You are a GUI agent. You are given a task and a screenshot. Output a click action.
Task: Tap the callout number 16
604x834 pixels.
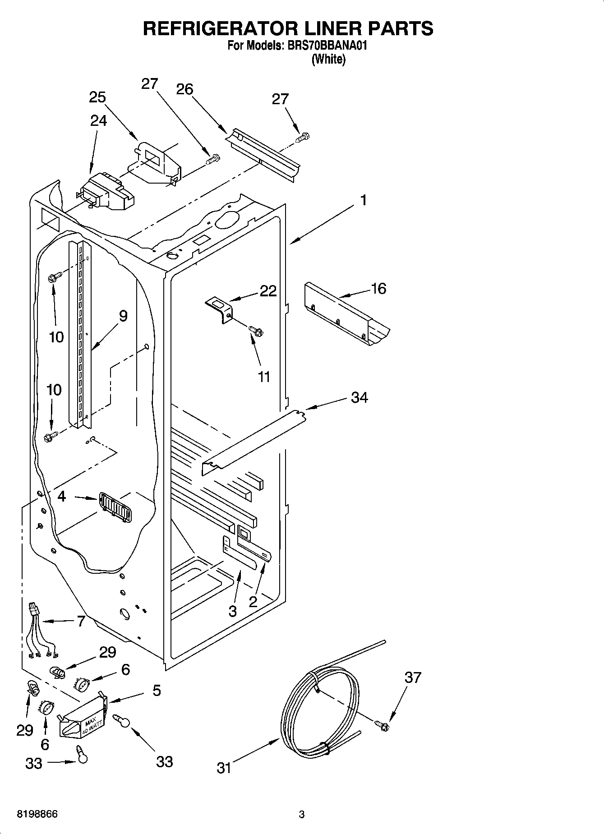(378, 289)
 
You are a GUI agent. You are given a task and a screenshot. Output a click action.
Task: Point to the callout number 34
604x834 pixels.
(360, 397)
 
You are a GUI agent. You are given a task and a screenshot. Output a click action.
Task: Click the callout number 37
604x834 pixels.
(413, 677)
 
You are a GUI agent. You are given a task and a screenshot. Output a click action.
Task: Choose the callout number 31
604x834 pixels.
(224, 768)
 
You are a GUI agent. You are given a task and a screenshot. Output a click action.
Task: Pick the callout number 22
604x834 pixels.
(268, 291)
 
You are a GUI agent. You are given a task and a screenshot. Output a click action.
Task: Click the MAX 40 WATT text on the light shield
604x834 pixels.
(95, 725)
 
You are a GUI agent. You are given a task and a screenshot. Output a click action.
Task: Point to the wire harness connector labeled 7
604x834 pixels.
(34, 610)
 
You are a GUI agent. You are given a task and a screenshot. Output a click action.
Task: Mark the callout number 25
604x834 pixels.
(97, 97)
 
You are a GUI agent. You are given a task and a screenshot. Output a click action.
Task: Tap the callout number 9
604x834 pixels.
(123, 316)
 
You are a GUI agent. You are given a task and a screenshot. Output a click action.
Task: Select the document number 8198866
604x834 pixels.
(37, 815)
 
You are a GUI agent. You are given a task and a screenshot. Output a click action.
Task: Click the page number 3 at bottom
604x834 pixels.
(302, 815)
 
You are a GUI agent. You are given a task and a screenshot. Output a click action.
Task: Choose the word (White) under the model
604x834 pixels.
(328, 59)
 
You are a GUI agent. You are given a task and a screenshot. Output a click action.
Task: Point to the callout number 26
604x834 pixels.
(184, 89)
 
